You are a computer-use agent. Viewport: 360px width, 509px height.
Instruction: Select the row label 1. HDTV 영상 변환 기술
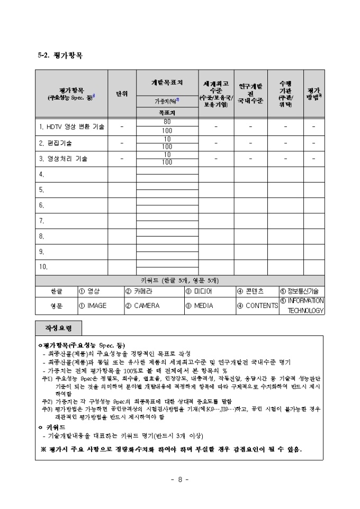(x=71, y=127)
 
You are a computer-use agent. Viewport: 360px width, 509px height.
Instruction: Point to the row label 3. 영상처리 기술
(x=63, y=158)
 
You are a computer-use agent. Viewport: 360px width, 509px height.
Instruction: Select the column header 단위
(x=122, y=94)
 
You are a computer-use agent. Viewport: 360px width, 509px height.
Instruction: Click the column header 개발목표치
(x=167, y=83)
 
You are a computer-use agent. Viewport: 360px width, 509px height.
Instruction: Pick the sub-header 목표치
(x=167, y=113)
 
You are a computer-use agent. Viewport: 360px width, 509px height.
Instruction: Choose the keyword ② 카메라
(x=139, y=291)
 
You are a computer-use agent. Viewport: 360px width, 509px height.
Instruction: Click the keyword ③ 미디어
(x=199, y=291)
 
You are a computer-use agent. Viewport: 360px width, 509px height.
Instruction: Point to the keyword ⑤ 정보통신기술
(x=302, y=291)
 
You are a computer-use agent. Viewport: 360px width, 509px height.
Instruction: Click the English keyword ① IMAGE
(x=93, y=306)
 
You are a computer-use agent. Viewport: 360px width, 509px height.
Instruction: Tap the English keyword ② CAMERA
(x=142, y=306)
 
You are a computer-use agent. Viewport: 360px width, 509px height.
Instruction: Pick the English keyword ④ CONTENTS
(x=257, y=306)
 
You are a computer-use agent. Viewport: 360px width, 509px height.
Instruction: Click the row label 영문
(x=56, y=306)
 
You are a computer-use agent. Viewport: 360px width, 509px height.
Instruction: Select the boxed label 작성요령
(x=58, y=328)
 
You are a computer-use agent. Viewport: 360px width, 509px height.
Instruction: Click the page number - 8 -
(x=180, y=480)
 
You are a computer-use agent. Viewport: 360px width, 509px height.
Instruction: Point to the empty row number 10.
(x=44, y=266)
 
